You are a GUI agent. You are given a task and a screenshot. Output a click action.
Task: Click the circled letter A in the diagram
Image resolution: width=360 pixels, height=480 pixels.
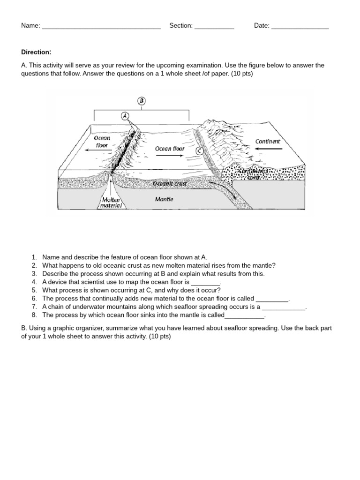click(125, 115)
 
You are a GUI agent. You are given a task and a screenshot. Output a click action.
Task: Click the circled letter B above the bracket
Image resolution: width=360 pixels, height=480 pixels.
click(142, 101)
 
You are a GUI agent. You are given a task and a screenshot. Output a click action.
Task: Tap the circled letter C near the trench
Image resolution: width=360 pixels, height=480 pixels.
click(200, 151)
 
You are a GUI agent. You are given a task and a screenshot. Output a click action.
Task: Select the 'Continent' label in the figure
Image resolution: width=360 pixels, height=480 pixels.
click(268, 141)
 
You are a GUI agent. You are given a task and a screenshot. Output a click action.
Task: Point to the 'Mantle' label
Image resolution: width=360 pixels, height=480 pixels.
click(164, 199)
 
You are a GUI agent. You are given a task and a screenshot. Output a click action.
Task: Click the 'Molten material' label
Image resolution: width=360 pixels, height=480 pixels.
click(112, 202)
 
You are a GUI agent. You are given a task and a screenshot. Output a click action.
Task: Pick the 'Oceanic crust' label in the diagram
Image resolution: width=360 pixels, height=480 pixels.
click(170, 184)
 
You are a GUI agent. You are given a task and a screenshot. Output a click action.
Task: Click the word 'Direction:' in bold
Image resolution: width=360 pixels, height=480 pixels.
click(36, 52)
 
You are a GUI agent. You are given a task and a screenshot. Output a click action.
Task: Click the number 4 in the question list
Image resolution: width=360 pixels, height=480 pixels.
click(34, 282)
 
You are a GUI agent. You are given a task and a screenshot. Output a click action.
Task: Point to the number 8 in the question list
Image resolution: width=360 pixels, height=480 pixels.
click(34, 315)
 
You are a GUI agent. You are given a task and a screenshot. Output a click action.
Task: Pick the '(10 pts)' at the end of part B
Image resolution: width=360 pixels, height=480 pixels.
click(160, 337)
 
